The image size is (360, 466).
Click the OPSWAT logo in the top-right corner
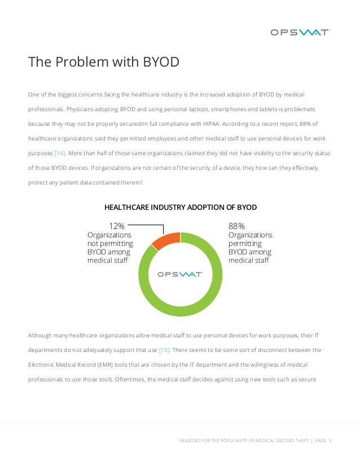click(300, 32)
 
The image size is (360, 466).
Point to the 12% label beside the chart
click(116, 226)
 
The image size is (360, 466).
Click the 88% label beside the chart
click(236, 226)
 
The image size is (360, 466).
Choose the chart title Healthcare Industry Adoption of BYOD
click(180, 208)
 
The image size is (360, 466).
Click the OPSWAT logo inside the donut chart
click(180, 274)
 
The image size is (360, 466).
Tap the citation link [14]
click(60, 153)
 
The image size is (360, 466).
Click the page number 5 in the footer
click(330, 441)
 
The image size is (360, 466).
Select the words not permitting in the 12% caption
click(110, 244)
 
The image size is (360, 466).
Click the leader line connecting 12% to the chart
click(150, 226)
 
